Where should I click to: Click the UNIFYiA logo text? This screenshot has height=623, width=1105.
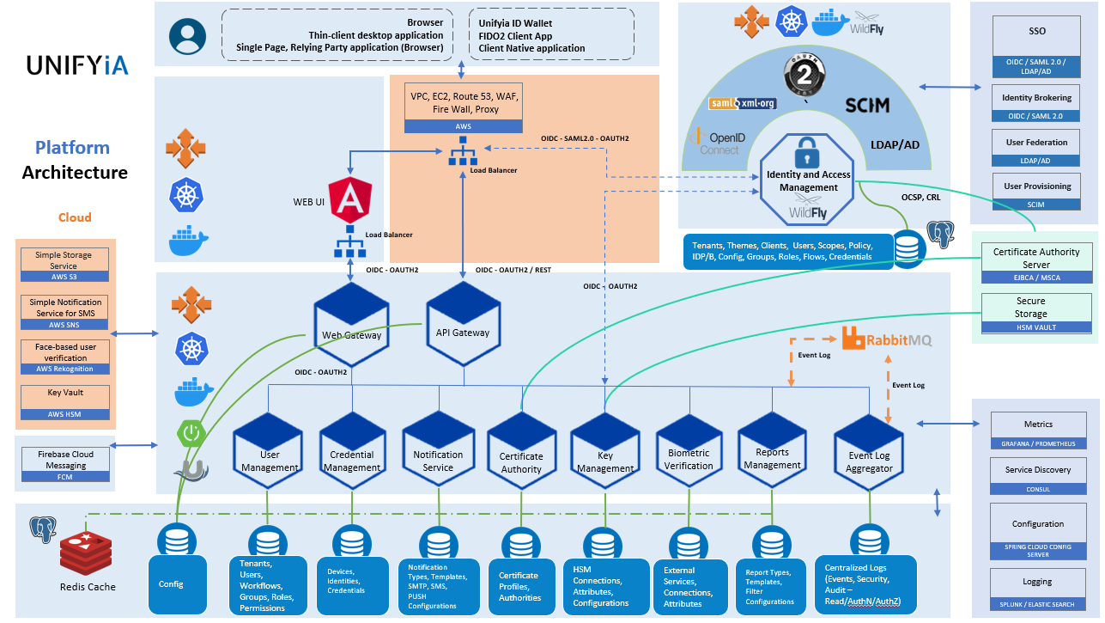[x=77, y=65]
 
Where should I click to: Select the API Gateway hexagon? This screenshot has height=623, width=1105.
[x=464, y=322]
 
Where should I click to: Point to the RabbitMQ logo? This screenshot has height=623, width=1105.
[x=887, y=339]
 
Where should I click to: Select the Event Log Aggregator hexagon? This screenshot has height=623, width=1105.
[x=869, y=455]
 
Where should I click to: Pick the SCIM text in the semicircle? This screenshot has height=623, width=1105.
[x=866, y=106]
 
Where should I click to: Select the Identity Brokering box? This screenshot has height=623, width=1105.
[x=1036, y=103]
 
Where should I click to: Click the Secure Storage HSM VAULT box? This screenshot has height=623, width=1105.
[x=1030, y=314]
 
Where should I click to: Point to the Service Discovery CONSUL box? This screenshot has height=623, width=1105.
[x=1037, y=475]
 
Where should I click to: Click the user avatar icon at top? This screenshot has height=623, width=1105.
[x=187, y=36]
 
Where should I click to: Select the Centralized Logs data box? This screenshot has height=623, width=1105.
[x=865, y=583]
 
